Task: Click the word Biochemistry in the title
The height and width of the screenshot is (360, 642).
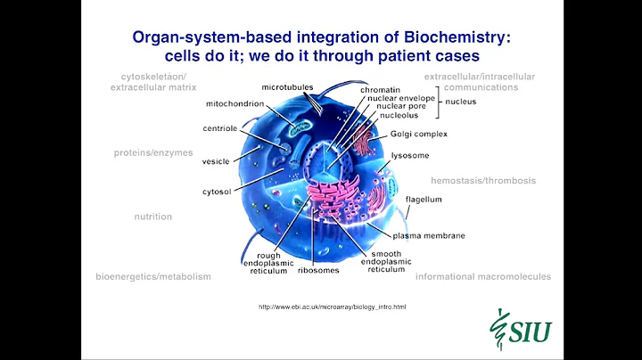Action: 455,37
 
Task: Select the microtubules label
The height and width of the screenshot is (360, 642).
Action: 287,88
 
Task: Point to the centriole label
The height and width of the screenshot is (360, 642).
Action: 219,128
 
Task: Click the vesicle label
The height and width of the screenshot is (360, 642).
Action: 216,161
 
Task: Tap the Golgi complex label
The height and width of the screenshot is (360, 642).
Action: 418,134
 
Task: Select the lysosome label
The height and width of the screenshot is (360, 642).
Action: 409,154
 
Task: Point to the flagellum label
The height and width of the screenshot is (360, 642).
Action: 424,200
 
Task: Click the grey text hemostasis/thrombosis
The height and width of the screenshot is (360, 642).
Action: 483,180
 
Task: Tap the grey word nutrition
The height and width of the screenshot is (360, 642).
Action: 152,217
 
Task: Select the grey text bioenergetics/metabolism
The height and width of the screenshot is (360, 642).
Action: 153,277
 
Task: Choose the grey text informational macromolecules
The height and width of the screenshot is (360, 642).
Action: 483,277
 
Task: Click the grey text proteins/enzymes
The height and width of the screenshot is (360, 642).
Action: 153,152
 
